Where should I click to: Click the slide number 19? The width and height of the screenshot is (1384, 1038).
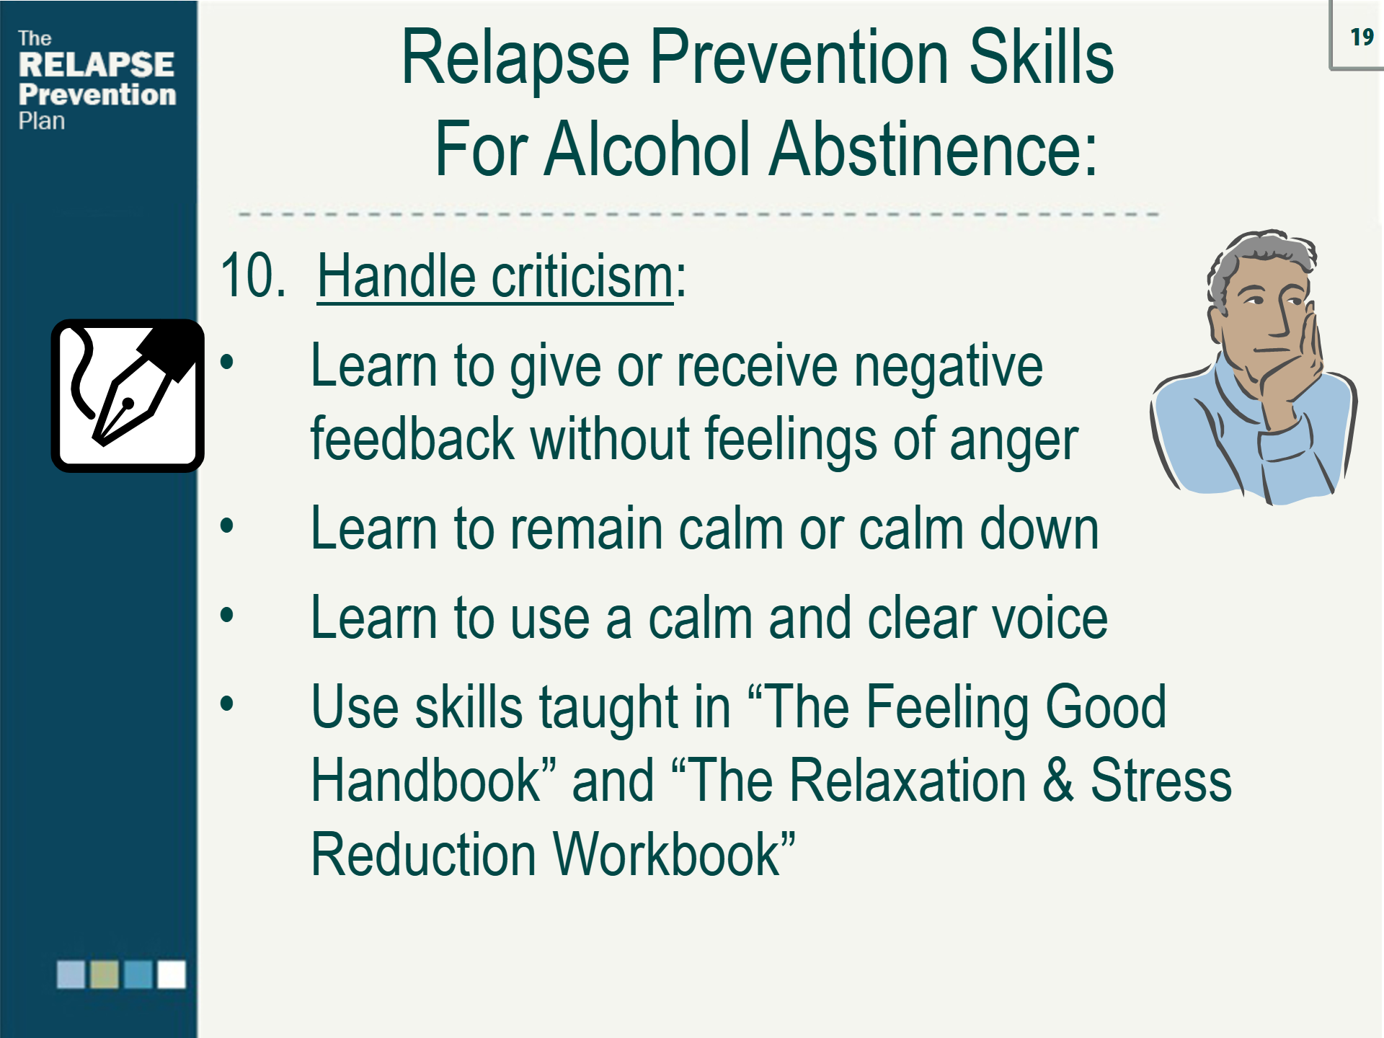(x=1362, y=37)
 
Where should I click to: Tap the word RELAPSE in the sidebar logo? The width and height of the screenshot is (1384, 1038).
(x=96, y=65)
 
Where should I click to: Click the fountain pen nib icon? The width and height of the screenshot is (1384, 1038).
(x=128, y=396)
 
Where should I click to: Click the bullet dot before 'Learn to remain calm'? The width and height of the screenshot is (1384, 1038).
(x=227, y=525)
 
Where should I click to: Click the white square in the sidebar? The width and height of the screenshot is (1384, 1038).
(x=172, y=974)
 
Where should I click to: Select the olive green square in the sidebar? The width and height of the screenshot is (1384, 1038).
(x=105, y=974)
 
